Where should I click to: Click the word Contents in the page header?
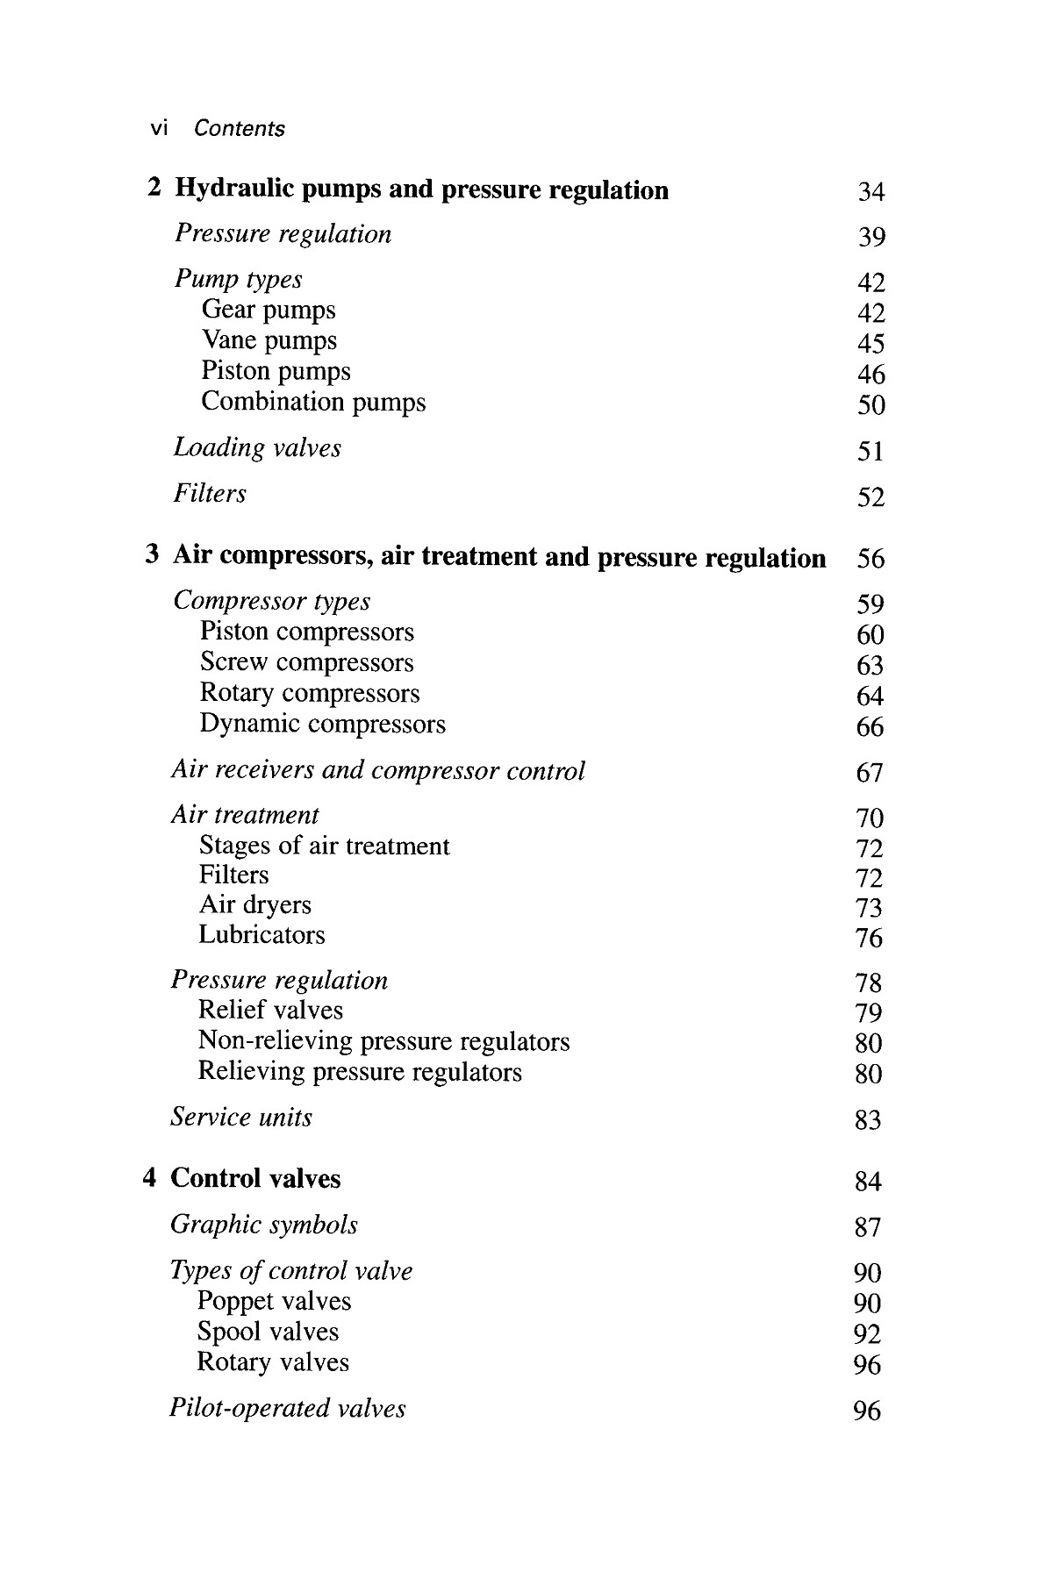click(239, 129)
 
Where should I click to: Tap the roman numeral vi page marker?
click(159, 129)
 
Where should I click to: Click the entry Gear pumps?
click(269, 310)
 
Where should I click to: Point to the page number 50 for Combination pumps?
click(871, 405)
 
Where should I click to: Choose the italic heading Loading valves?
click(257, 447)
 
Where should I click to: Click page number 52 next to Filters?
click(871, 498)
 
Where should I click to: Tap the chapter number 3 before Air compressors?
click(153, 555)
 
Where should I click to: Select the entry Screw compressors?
click(306, 662)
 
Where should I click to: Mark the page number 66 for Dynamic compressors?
click(870, 727)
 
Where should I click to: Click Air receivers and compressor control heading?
click(377, 770)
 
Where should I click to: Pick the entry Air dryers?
click(254, 904)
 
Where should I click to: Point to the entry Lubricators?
click(262, 935)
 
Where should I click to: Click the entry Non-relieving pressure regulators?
click(383, 1041)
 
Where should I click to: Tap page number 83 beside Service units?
click(868, 1120)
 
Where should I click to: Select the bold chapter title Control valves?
click(255, 1178)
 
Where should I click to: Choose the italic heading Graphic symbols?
click(264, 1225)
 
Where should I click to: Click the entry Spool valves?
click(268, 1332)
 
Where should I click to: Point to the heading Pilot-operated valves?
click(287, 1409)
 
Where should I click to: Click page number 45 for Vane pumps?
click(871, 344)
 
